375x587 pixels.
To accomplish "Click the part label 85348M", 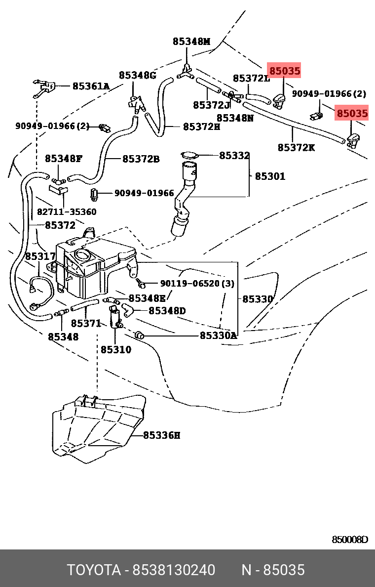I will (x=191, y=42).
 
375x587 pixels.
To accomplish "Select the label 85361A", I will (x=91, y=86).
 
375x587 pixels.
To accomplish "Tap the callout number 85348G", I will (x=137, y=75).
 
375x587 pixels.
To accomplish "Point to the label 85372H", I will (x=201, y=126).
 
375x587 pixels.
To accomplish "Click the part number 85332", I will (x=234, y=156).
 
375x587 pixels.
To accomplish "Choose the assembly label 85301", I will (x=270, y=176).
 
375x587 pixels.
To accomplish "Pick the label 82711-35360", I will (x=67, y=212).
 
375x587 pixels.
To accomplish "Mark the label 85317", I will (x=40, y=256).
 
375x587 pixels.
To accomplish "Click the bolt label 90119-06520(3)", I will (x=197, y=284).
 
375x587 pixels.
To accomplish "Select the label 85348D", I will (x=167, y=311).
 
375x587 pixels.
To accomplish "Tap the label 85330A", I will (x=218, y=335).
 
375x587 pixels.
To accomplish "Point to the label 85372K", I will (x=296, y=147).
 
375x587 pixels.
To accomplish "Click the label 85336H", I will (x=161, y=435).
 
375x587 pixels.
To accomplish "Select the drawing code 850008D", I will (x=349, y=540).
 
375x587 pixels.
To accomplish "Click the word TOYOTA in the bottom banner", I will (x=94, y=570).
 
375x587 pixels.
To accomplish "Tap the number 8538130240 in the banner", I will (x=173, y=570).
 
